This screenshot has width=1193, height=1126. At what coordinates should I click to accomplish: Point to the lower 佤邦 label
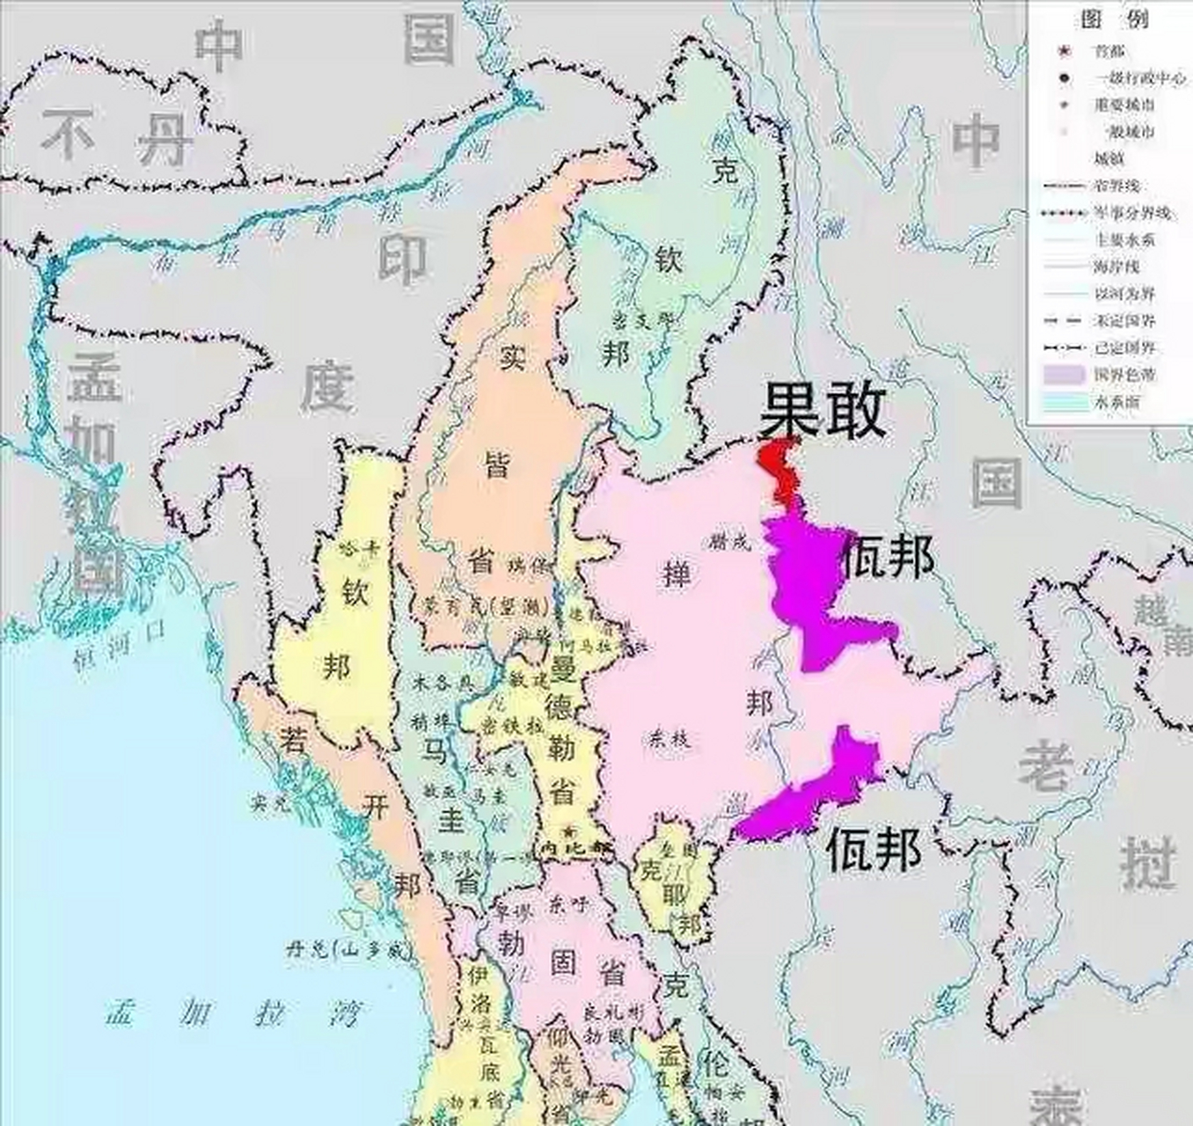coord(874,850)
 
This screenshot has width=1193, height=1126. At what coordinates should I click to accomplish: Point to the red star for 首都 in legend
coord(1065,51)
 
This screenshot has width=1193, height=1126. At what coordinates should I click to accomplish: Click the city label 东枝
coord(671,739)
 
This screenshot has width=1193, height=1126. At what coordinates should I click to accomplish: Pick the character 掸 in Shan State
coord(677,575)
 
